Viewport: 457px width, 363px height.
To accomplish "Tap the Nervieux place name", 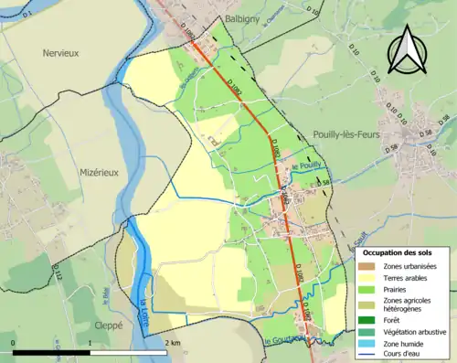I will tap(61, 53).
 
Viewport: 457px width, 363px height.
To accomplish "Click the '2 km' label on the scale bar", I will tap(173, 341).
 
